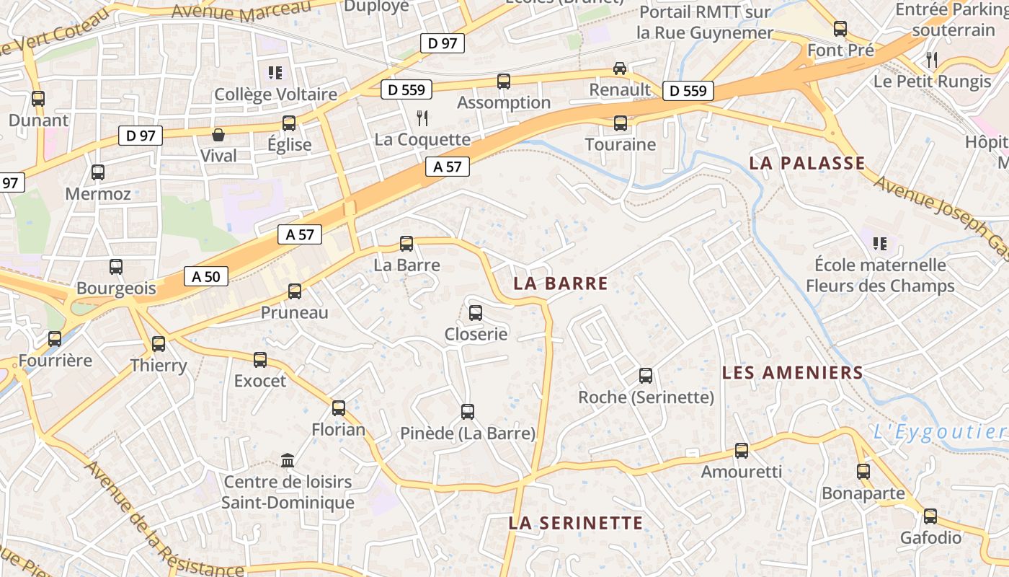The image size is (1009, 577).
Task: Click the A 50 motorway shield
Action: coord(206,276)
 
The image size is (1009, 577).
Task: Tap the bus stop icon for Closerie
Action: coord(476,312)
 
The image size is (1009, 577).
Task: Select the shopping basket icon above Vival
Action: coord(218,135)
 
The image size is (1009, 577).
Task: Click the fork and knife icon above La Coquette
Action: coord(422,118)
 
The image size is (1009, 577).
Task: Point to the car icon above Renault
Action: coord(619,68)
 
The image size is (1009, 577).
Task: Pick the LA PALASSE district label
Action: coord(806,163)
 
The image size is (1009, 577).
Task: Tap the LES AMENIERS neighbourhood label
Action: coord(792,373)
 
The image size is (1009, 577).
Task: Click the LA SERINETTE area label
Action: coord(575,523)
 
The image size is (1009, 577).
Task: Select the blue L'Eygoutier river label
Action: coord(939,432)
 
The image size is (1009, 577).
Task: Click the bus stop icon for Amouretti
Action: coord(742,451)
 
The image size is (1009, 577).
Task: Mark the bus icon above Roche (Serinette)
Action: coord(646,375)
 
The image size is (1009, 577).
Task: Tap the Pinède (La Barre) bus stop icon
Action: coord(468,412)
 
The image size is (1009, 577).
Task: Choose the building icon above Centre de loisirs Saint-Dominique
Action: coord(288,460)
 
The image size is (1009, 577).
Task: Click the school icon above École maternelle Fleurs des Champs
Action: coord(879,243)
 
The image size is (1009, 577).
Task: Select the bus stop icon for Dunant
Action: coord(38,99)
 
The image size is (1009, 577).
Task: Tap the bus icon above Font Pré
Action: coord(840,29)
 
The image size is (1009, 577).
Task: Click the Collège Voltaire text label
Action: coord(275,94)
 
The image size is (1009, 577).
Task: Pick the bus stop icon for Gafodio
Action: coord(930,516)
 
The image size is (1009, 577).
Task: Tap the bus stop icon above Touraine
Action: coord(621,123)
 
